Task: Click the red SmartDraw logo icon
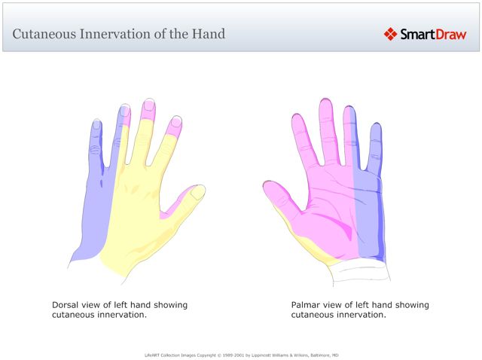(x=390, y=33)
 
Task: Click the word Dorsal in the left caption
(x=67, y=305)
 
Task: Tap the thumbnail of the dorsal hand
(x=198, y=192)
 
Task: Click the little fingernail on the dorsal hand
(x=96, y=124)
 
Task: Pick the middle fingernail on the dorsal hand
(x=149, y=105)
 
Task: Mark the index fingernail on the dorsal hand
(x=177, y=121)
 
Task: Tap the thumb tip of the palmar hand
(x=268, y=186)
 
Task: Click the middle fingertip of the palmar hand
(x=325, y=103)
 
